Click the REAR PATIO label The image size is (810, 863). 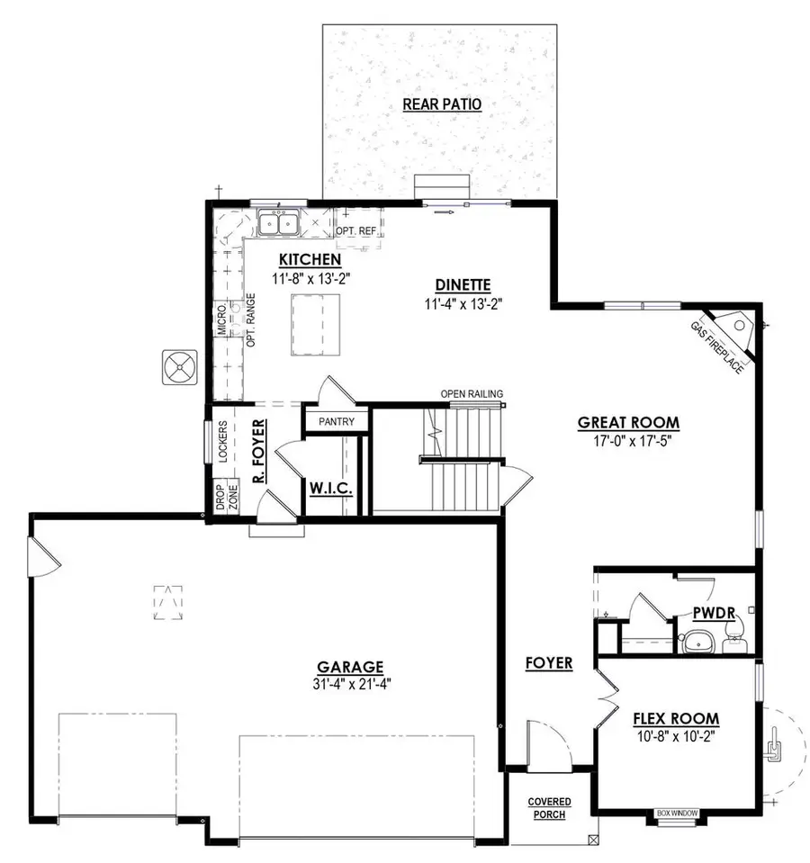[442, 104]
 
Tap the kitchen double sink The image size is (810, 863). [278, 221]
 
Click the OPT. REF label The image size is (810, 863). [356, 231]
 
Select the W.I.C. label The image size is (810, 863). [330, 489]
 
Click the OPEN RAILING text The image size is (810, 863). [472, 393]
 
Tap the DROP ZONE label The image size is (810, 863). [226, 497]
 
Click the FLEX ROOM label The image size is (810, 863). [676, 718]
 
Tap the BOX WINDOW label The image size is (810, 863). [678, 814]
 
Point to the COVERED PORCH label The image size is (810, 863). [549, 808]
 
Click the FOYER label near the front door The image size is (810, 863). [549, 663]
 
